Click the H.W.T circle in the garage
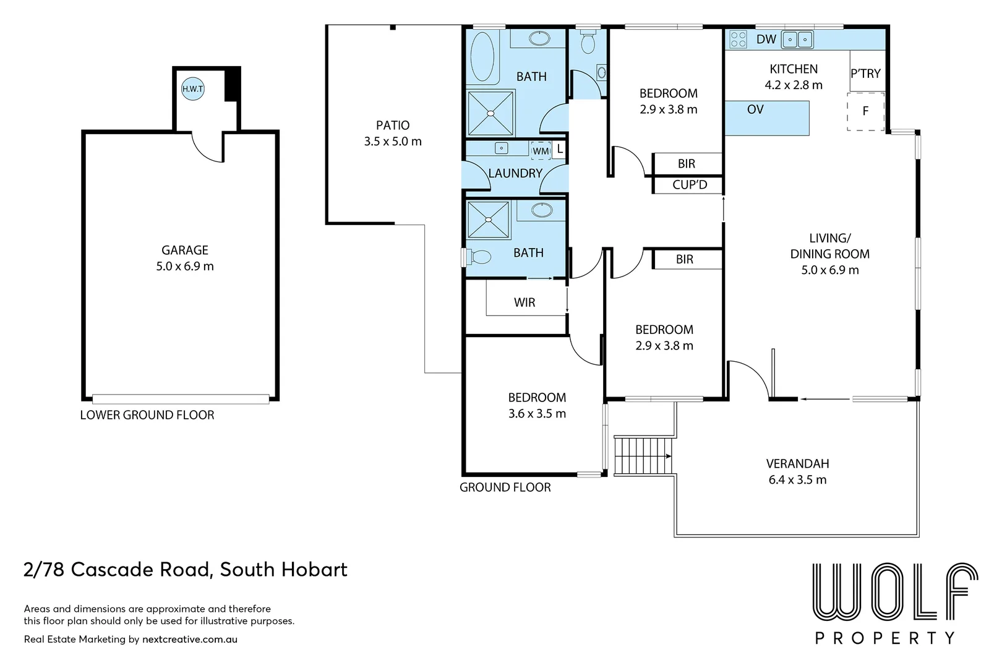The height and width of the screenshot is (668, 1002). pos(193,88)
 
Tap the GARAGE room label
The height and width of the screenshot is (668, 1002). pos(185,250)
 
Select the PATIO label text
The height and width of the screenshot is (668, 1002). pos(393,125)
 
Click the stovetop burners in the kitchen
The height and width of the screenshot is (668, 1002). pos(738,39)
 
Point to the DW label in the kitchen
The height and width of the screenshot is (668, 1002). pos(766,39)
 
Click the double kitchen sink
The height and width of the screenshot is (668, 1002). pos(797,40)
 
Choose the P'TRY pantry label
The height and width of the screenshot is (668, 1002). pos(865,73)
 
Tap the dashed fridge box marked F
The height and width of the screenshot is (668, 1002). pos(865,111)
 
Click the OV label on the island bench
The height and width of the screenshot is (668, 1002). pos(755,109)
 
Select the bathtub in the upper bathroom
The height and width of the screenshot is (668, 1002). pos(482,57)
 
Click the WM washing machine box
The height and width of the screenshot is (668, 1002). pos(541,151)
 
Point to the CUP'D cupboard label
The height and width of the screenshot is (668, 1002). pos(690,184)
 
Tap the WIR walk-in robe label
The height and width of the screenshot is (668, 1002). pos(525,302)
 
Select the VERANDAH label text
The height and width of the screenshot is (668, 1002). pos(797,463)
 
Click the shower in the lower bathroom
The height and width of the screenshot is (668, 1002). pos(489,220)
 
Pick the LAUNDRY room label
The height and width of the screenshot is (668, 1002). pos(515,173)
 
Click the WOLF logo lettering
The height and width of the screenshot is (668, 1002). pos(895,593)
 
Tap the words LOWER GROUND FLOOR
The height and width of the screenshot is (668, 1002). pos(147,415)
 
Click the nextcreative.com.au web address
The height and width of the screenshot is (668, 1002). pos(190,640)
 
